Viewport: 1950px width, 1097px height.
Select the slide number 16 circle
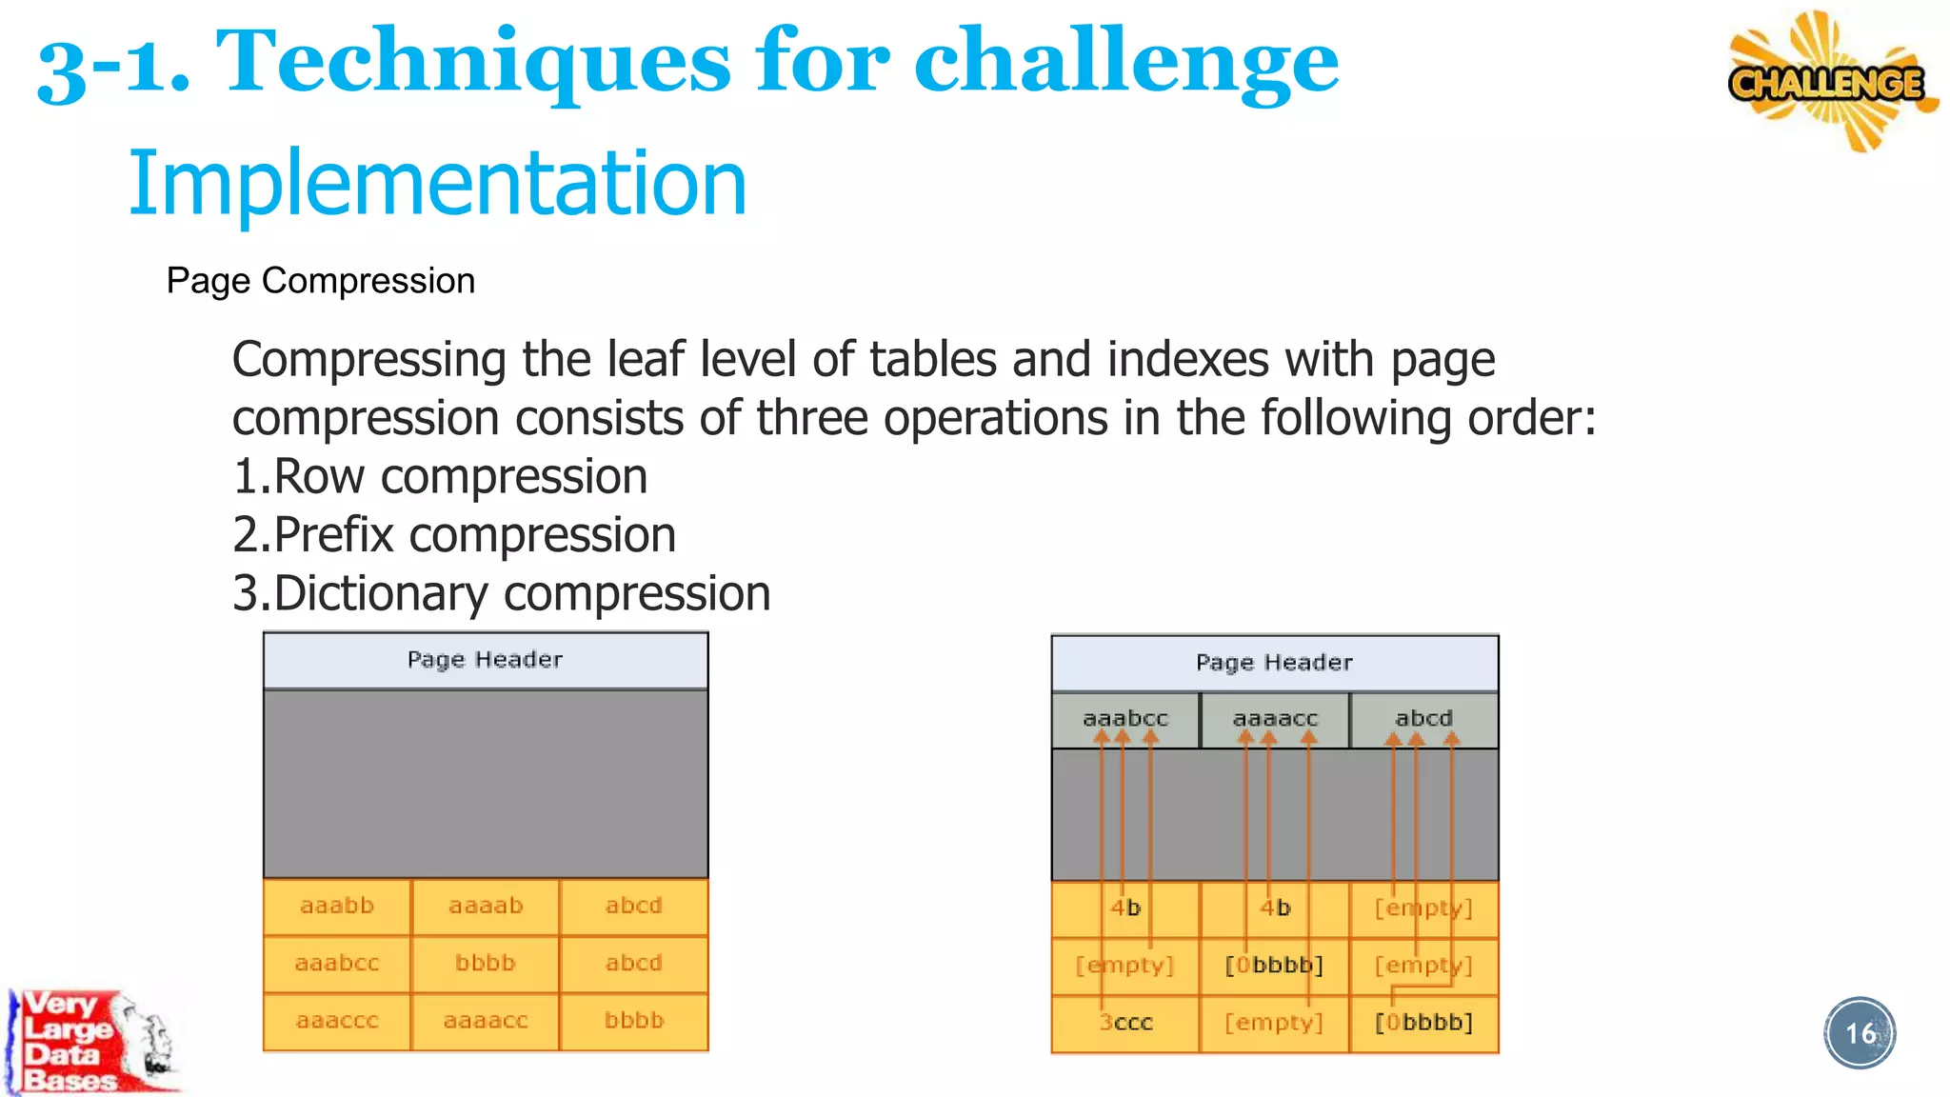[x=1860, y=1033]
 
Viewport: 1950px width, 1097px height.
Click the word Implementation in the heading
[x=437, y=183]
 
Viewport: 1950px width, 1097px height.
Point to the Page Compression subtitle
[x=320, y=281]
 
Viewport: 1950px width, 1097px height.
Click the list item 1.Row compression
[x=440, y=476]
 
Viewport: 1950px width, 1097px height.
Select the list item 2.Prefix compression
[x=454, y=534]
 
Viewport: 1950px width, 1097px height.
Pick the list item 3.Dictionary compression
[x=501, y=593]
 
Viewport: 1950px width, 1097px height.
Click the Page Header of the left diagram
[x=485, y=660]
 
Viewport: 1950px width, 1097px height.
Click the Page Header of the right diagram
[x=1274, y=663]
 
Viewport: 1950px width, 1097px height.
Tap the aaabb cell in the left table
[x=337, y=907]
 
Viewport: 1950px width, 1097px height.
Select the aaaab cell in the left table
[x=486, y=907]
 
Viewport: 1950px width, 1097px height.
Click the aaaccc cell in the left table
[x=337, y=1021]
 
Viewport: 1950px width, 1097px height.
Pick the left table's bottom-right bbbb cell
[x=634, y=1021]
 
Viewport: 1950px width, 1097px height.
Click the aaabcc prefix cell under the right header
[x=1125, y=719]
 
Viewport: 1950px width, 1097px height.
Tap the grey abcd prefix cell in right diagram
[x=1423, y=719]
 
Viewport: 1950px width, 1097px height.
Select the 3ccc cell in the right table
[x=1125, y=1023]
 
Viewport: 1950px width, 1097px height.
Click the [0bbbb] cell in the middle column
[x=1274, y=966]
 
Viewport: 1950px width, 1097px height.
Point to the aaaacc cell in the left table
[x=486, y=1021]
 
